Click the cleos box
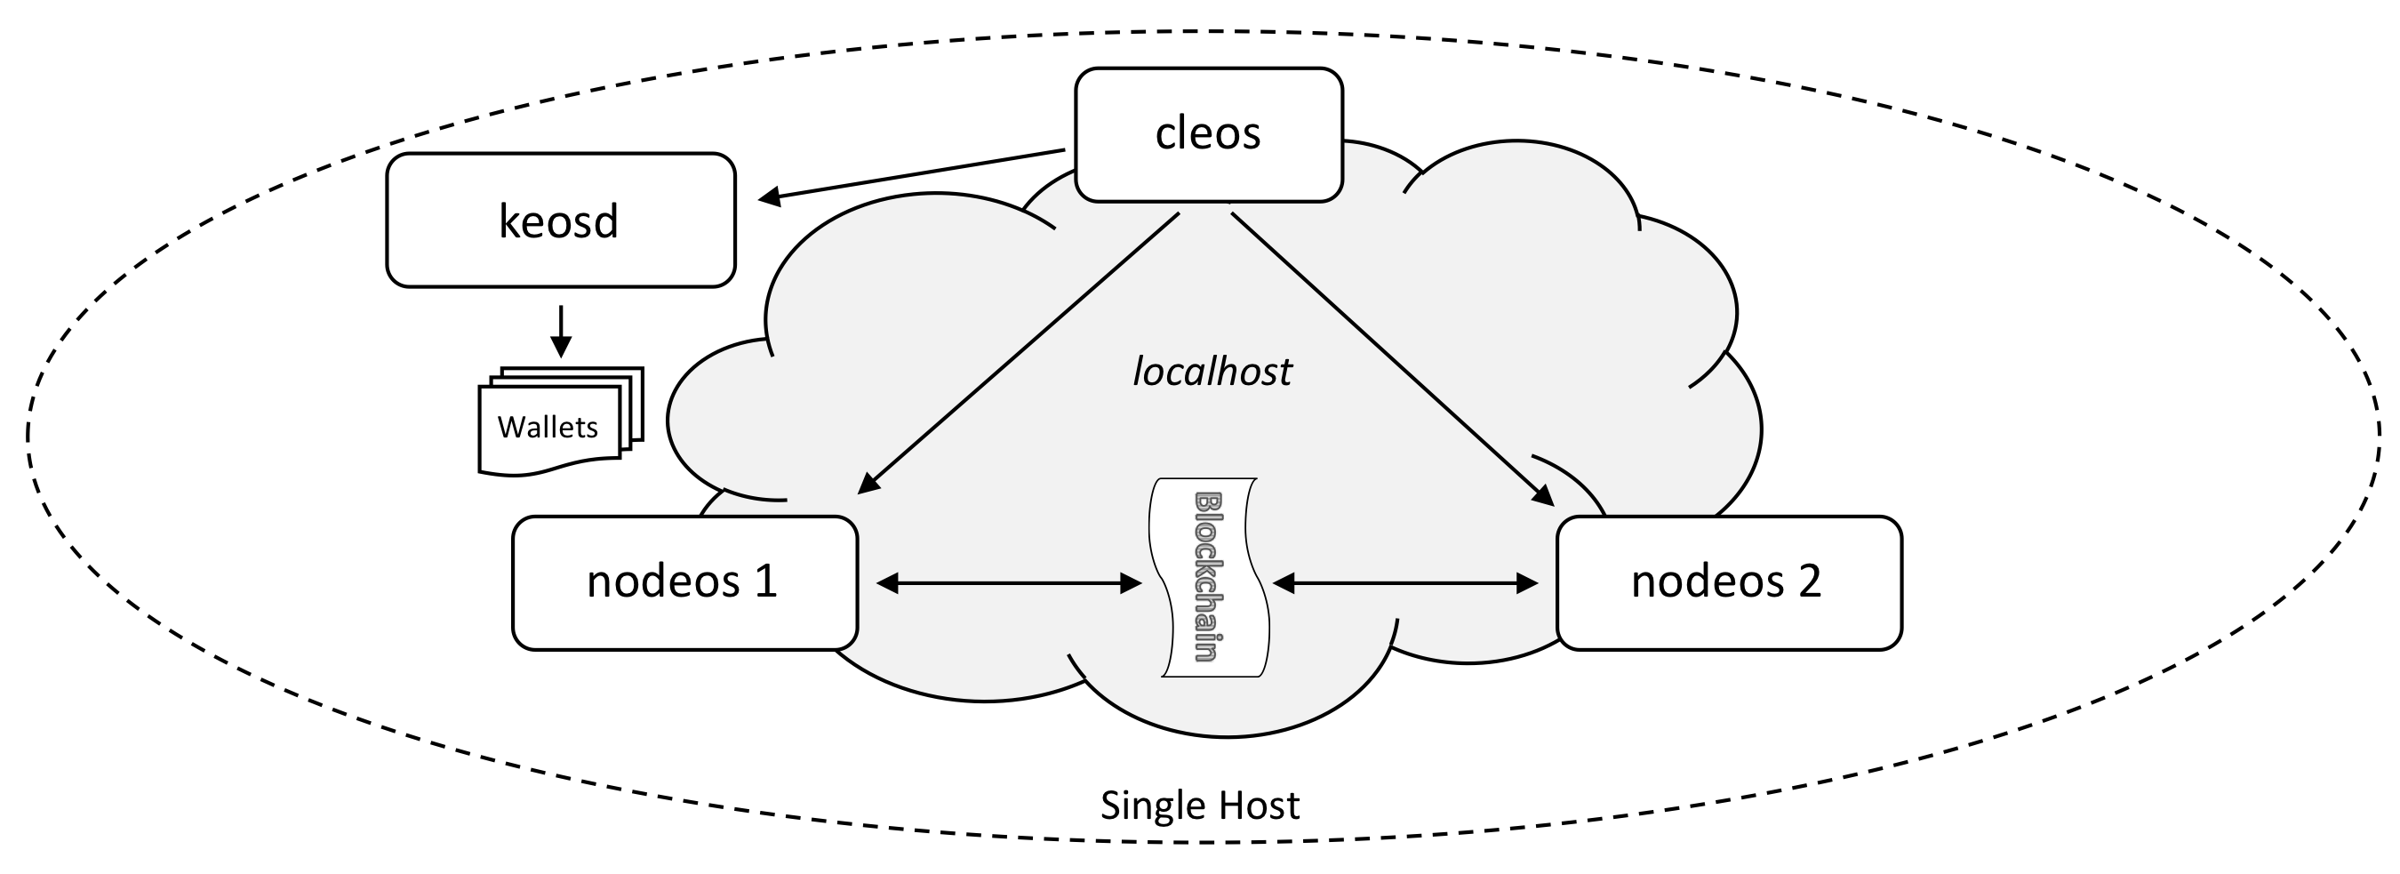click(1208, 134)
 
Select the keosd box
click(560, 221)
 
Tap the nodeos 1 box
click(684, 582)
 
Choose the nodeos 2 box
click(1728, 582)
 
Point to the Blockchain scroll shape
click(1208, 577)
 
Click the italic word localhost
click(1212, 372)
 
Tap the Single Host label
click(1199, 805)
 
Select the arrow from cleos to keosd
click(913, 173)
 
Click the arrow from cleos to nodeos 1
click(1020, 352)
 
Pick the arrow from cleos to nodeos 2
click(1393, 358)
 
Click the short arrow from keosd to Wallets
click(560, 331)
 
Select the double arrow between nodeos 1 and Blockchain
click(1009, 583)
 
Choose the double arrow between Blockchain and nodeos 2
click(1405, 583)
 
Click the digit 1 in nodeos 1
click(765, 581)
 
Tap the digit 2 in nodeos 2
click(1808, 581)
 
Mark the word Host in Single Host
click(1257, 805)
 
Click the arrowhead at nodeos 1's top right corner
click(868, 482)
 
